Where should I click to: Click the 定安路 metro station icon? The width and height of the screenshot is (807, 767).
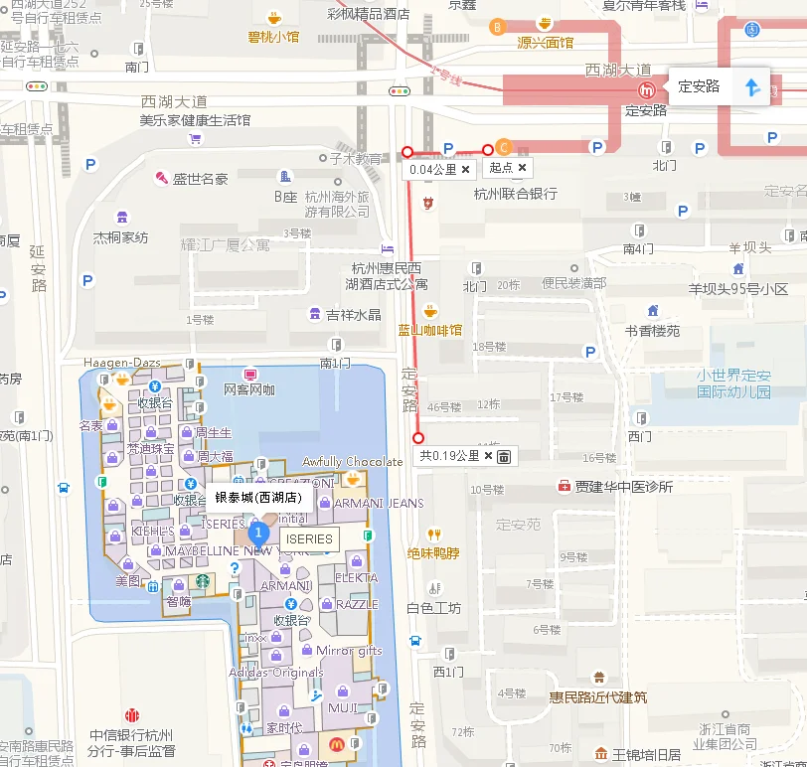click(647, 90)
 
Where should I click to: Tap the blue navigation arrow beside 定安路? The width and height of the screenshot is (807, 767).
click(752, 87)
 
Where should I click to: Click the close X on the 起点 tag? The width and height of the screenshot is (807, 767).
click(523, 168)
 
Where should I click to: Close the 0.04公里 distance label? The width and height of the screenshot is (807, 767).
click(465, 170)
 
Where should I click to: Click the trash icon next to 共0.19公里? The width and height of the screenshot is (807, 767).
click(504, 456)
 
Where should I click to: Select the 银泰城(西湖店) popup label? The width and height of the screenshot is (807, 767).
click(258, 498)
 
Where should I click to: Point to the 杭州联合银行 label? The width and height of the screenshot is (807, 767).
click(515, 194)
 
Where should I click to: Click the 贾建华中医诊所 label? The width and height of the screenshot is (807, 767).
click(623, 487)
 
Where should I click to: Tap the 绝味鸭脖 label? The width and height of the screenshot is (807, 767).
click(433, 553)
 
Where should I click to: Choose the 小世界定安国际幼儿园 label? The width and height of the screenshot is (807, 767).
click(733, 383)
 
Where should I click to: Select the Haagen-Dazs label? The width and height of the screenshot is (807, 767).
click(121, 363)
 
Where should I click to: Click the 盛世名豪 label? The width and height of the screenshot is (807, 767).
click(200, 179)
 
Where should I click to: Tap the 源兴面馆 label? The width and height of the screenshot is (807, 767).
click(546, 43)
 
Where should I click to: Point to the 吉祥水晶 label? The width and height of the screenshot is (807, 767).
click(353, 315)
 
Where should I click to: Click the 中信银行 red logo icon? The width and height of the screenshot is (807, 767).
click(132, 715)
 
